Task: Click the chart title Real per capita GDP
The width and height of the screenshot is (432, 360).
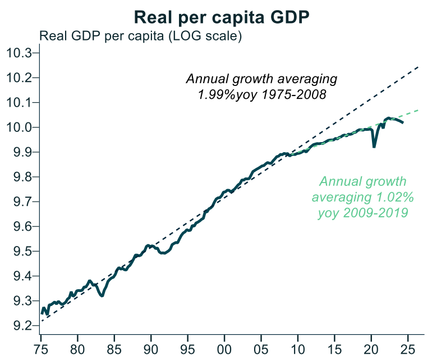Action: coord(222,17)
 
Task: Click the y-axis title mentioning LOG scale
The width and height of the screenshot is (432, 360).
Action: coord(140,37)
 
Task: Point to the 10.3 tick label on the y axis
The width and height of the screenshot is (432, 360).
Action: coord(20,53)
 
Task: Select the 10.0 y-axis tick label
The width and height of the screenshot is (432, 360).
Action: coord(20,127)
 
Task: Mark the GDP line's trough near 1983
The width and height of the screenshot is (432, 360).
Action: coord(102,295)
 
